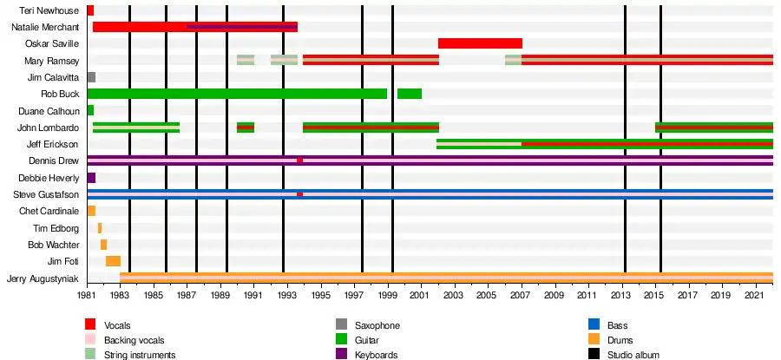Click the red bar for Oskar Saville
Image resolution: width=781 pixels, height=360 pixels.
480,43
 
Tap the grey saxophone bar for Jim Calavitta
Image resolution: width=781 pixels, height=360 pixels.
91,77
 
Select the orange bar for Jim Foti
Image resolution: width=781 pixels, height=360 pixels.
113,261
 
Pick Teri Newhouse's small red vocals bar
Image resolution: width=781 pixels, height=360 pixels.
90,10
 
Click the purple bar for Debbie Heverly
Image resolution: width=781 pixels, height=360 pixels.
91,178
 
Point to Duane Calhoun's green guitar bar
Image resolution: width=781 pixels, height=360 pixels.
90,110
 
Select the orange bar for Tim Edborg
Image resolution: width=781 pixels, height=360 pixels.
100,228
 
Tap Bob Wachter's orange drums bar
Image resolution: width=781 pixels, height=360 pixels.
103,245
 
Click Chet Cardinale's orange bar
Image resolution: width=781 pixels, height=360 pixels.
91,211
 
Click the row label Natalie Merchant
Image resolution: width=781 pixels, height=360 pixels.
45,27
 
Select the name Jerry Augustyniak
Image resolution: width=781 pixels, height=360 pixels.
43,278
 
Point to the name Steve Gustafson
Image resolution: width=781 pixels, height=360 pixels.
46,194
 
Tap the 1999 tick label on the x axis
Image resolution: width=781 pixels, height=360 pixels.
388,295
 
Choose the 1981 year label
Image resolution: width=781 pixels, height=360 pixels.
87,295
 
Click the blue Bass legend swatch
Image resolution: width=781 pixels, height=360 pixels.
594,325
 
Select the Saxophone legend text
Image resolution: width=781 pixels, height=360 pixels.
377,325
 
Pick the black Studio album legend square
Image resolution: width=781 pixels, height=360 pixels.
594,355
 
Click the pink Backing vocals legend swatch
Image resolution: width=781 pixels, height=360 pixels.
90,341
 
